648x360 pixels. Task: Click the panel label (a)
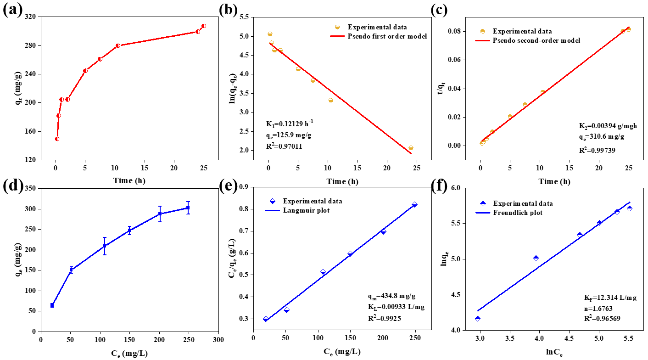pyautogui.click(x=13, y=10)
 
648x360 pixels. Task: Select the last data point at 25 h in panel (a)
pyautogui.click(x=204, y=26)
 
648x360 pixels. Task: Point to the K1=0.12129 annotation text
pyautogui.click(x=290, y=124)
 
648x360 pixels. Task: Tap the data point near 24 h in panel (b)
pyautogui.click(x=411, y=148)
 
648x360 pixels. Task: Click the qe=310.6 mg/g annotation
pyautogui.click(x=601, y=136)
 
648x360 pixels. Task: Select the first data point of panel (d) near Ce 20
pyautogui.click(x=52, y=305)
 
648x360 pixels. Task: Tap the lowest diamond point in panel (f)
pyautogui.click(x=478, y=319)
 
